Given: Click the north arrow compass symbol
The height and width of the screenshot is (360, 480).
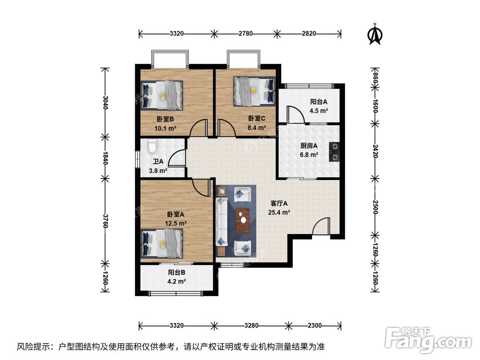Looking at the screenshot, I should click(375, 34).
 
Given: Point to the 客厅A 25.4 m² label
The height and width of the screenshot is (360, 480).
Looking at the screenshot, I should click(279, 207).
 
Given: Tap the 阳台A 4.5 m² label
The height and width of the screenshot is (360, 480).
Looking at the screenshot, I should click(319, 106).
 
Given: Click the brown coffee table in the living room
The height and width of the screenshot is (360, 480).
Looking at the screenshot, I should click(244, 220).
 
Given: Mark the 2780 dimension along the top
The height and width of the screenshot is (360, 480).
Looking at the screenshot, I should click(245, 34).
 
